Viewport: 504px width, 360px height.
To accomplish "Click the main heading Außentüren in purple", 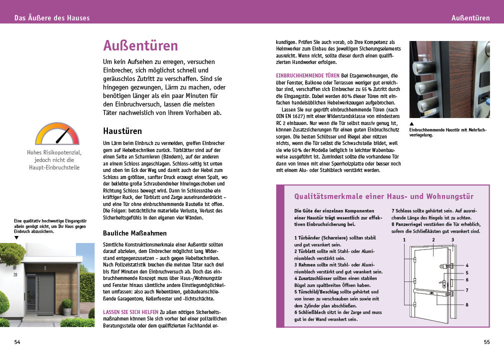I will click(x=140, y=46).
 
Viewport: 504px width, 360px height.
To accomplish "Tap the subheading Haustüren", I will click(x=122, y=131).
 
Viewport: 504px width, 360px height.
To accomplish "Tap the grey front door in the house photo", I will click(x=45, y=294).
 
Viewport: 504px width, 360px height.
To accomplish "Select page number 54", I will click(x=17, y=342).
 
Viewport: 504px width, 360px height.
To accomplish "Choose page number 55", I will click(x=487, y=342).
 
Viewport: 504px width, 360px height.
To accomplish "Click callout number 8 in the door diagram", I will click(x=467, y=304).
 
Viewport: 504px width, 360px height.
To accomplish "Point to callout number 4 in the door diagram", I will click(x=467, y=265).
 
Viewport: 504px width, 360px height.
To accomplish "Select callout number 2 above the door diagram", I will click(x=434, y=240).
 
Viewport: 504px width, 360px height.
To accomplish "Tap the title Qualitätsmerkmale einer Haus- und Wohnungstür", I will click(x=384, y=196).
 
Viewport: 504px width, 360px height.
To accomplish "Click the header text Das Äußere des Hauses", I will click(x=52, y=18).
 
